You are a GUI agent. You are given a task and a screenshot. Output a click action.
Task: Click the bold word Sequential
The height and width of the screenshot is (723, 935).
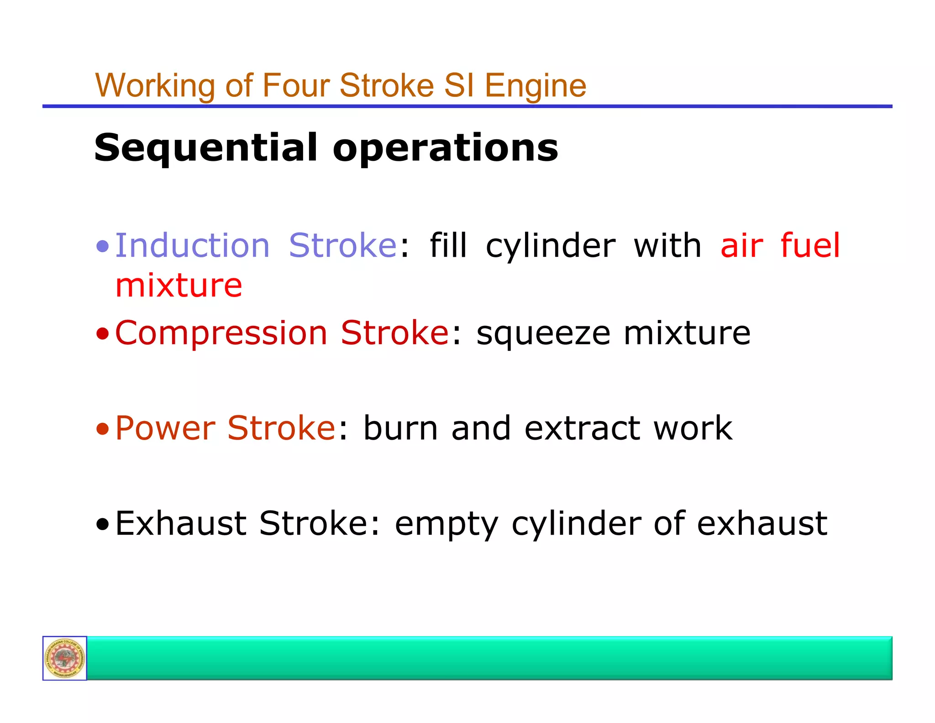click(x=205, y=148)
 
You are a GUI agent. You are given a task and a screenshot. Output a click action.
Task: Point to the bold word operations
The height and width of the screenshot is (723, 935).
click(x=445, y=148)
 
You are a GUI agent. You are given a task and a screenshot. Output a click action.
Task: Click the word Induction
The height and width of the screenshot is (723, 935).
click(x=192, y=245)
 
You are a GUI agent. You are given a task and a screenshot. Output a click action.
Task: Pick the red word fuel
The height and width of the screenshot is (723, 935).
click(x=810, y=245)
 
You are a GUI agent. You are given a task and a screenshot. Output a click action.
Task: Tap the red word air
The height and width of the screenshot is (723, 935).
click(x=741, y=245)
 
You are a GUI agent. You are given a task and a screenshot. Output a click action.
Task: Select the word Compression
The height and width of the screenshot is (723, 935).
click(x=221, y=333)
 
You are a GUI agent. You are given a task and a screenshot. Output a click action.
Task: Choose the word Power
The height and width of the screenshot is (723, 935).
click(x=165, y=428)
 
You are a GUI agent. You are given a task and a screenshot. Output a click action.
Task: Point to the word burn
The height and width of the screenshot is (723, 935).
click(x=400, y=428)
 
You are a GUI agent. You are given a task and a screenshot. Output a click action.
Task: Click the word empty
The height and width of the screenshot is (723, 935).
click(x=446, y=523)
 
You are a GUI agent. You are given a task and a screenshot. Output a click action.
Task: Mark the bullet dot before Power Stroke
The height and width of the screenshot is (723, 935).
click(x=103, y=429)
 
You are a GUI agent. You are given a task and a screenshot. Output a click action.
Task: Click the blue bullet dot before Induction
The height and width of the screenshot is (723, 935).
click(x=103, y=247)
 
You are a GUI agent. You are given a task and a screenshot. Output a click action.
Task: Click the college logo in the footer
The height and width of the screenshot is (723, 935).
click(x=65, y=658)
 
